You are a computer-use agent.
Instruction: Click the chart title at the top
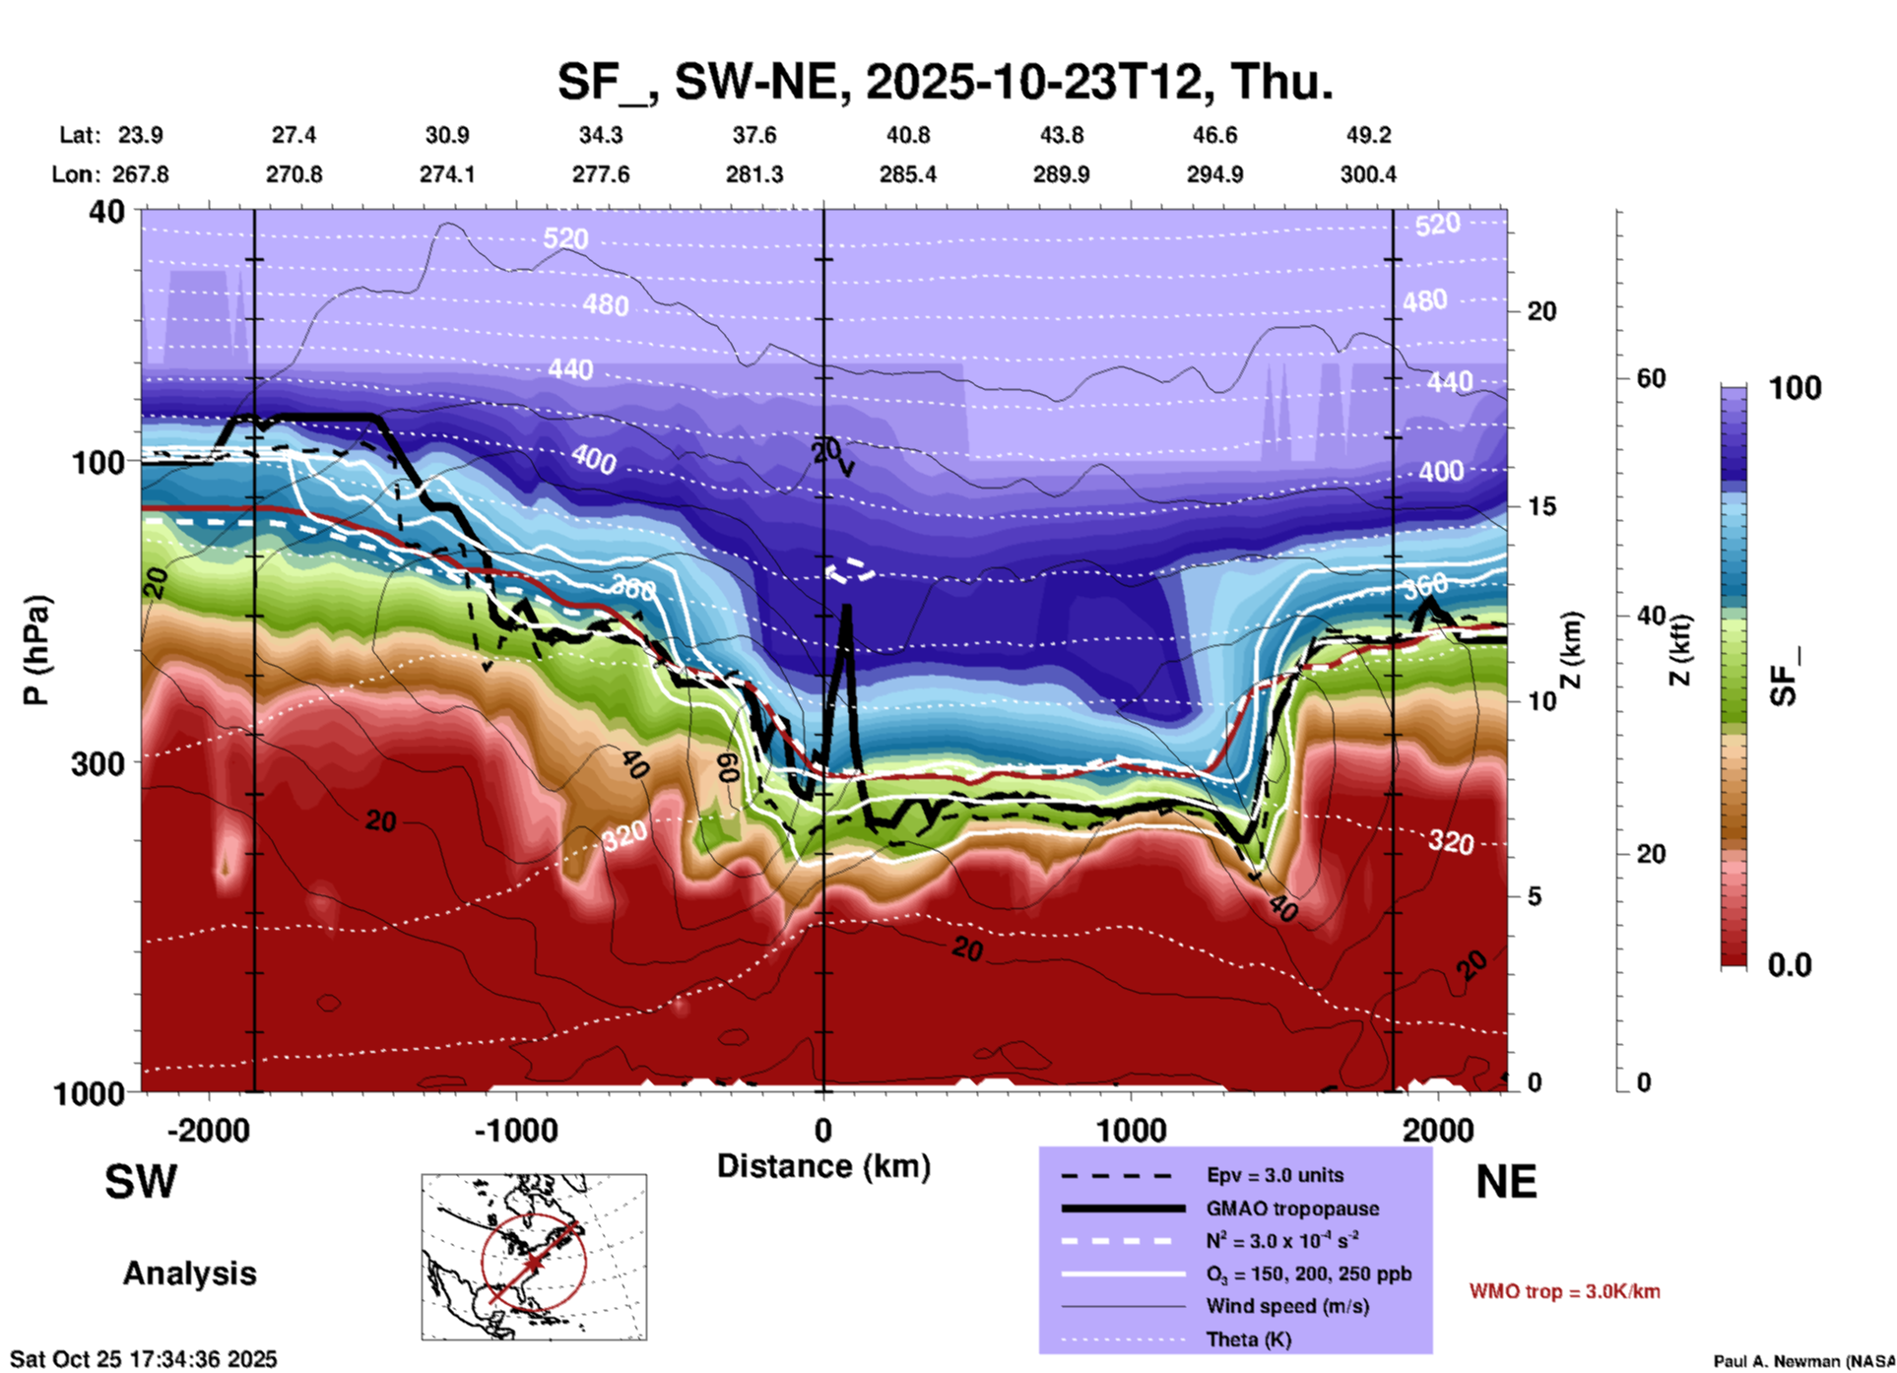click(945, 82)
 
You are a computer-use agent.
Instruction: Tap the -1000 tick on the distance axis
click(516, 1130)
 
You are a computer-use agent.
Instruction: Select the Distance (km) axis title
click(823, 1166)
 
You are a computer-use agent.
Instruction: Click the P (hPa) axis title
click(35, 650)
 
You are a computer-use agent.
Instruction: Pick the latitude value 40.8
click(907, 135)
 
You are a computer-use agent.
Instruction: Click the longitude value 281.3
click(754, 174)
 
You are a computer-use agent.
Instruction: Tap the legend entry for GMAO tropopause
click(1292, 1209)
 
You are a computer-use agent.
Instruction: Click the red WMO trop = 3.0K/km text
click(1564, 1291)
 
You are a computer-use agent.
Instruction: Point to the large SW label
click(141, 1182)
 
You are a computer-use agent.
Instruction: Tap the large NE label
click(1506, 1182)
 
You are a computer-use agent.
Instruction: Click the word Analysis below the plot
click(189, 1274)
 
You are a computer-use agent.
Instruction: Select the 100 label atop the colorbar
click(1795, 388)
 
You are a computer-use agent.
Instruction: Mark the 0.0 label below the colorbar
click(1789, 965)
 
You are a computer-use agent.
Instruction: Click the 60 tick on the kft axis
click(1651, 378)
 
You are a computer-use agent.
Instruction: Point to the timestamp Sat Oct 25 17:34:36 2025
click(144, 1359)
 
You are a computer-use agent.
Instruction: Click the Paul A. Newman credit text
click(1803, 1361)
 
